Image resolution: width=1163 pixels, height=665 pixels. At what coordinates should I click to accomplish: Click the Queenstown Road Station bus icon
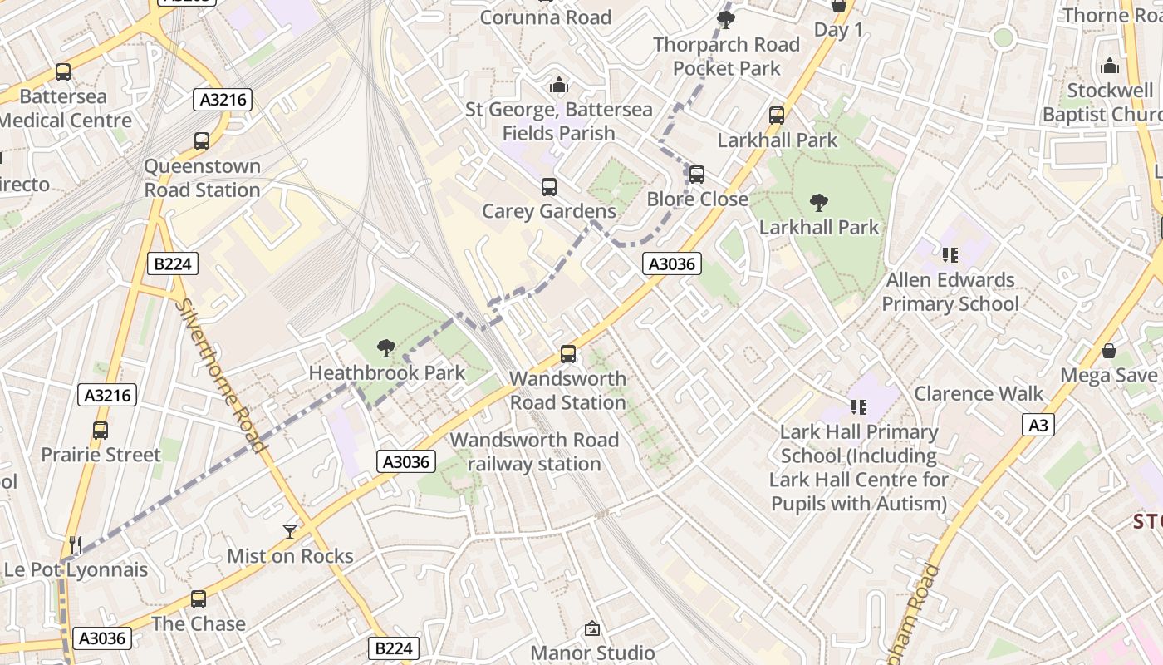202,141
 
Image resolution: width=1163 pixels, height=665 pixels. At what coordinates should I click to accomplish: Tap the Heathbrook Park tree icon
385,348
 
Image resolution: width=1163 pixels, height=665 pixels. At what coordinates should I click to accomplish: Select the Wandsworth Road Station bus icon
568,354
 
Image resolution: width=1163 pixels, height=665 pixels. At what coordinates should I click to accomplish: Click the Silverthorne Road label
222,375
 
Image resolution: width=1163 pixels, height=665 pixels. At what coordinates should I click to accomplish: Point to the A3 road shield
1038,426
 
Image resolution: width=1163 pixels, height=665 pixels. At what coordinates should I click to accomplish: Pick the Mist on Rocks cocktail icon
290,531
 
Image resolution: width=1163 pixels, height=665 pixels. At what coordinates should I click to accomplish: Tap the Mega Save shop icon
1108,351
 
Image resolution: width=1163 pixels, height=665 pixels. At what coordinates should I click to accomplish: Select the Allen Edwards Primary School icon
950,254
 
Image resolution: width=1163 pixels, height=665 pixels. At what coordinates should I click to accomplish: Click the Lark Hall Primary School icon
859,406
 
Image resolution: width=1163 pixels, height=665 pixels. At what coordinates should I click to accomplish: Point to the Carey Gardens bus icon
549,187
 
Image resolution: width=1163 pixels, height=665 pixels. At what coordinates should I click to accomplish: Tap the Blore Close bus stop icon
697,175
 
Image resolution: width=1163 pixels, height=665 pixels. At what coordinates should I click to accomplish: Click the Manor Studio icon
592,628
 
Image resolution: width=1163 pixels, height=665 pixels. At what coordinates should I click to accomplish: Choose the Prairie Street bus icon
101,431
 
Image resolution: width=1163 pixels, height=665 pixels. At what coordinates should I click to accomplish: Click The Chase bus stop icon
199,599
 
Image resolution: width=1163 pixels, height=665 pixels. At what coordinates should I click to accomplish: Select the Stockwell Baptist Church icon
1110,66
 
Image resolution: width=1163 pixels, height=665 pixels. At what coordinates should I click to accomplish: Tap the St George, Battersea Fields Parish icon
559,85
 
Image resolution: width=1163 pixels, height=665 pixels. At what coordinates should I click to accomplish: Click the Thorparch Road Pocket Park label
727,57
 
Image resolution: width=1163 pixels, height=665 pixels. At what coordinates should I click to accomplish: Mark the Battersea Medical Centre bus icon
63,72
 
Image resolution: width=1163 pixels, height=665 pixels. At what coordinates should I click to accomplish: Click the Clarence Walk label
979,393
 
